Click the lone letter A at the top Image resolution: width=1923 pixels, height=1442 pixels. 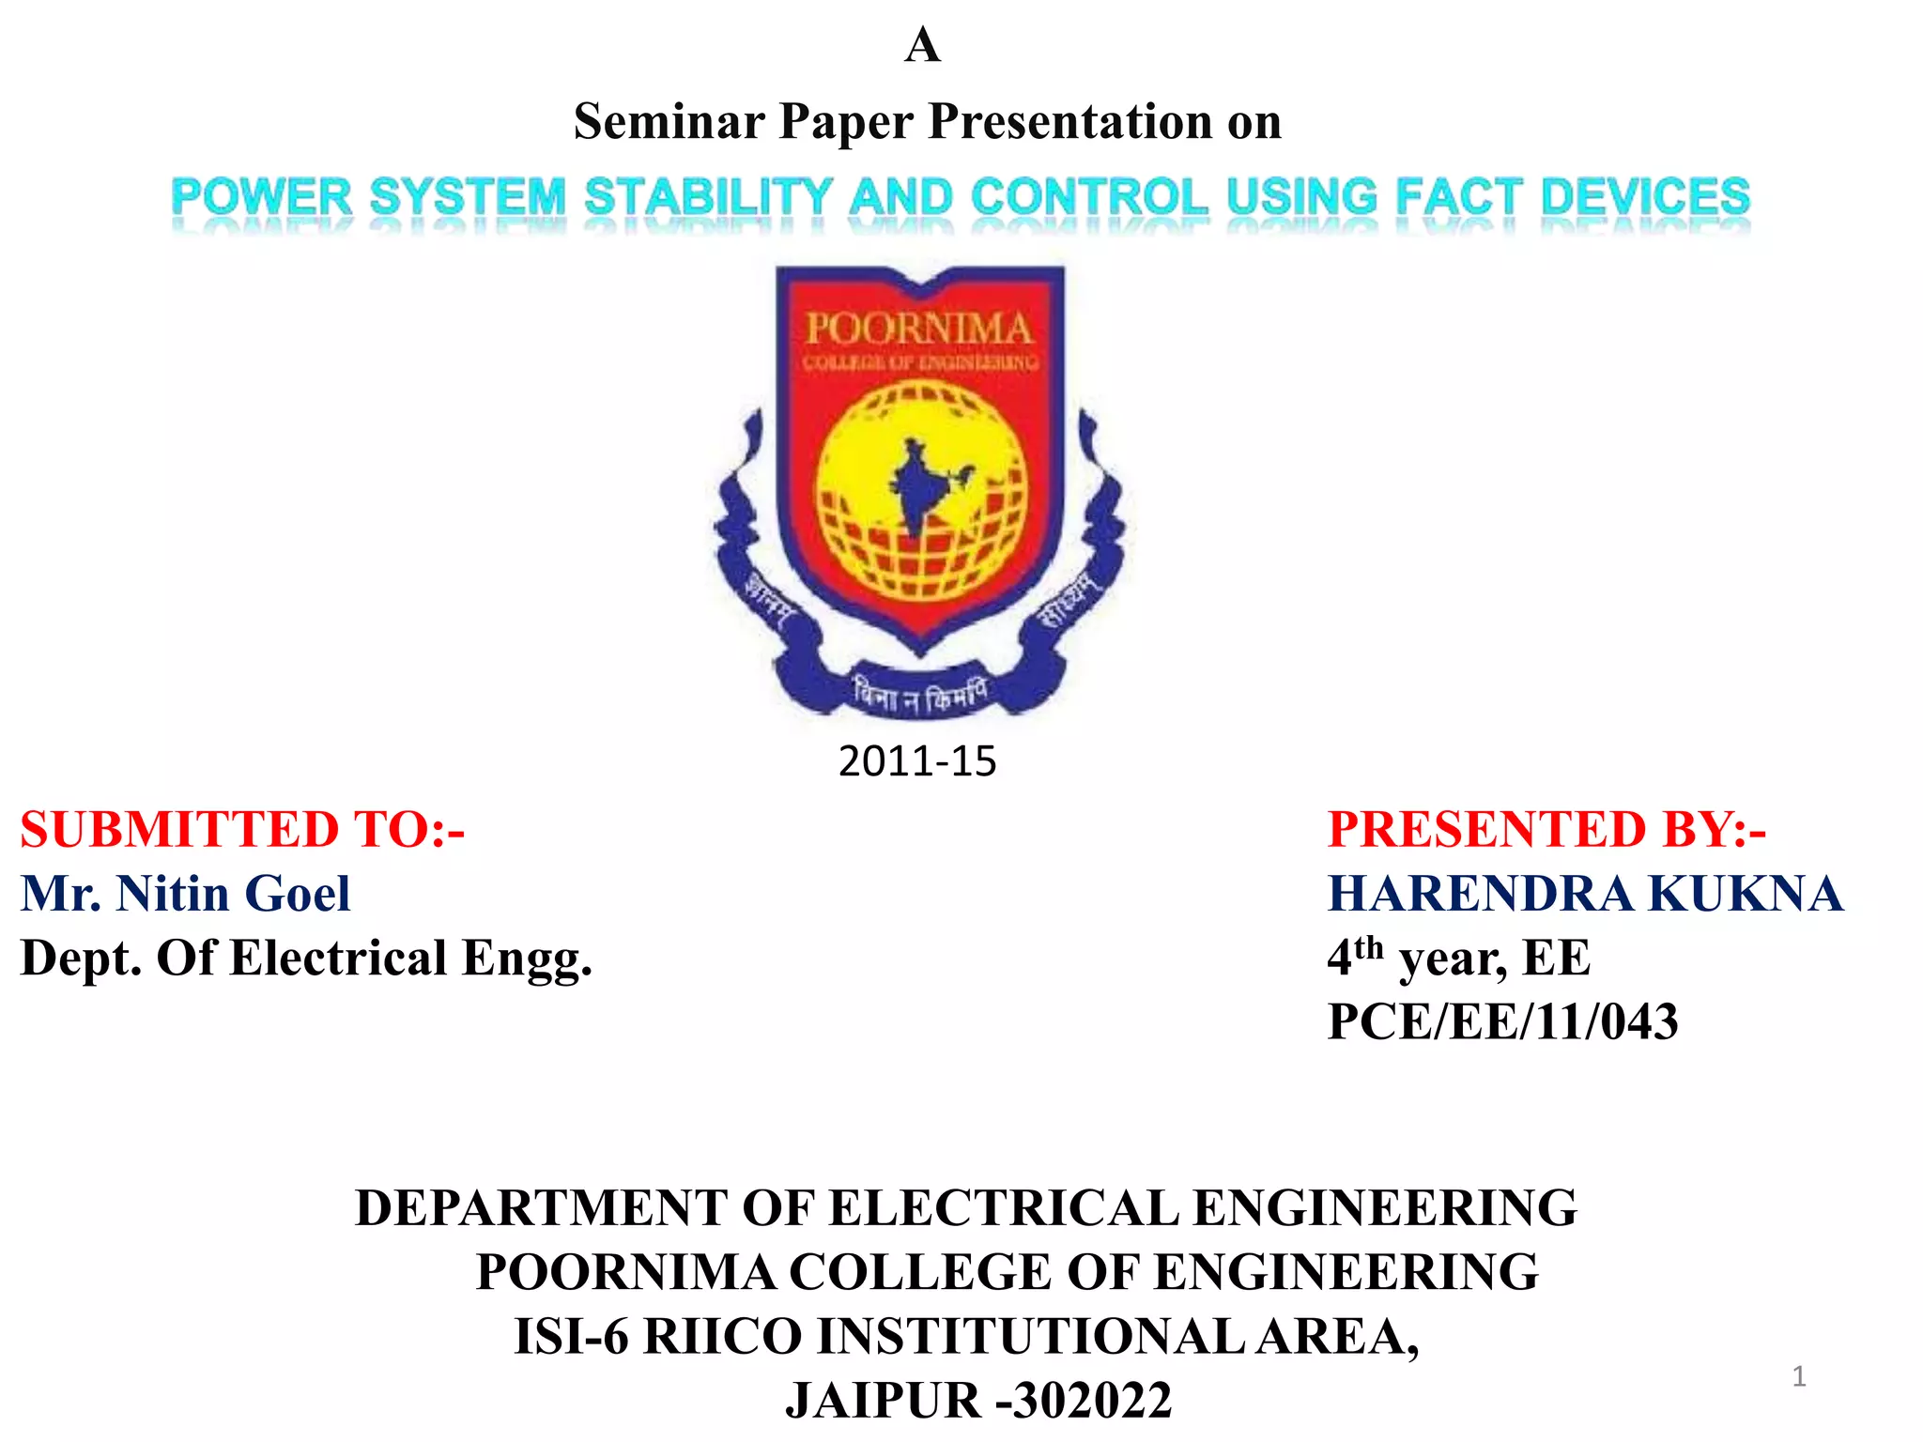[922, 45]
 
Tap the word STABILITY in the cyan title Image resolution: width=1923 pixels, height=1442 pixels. [708, 198]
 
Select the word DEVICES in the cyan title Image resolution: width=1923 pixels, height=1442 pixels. [1645, 198]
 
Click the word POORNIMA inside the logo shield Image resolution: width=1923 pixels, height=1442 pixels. [919, 329]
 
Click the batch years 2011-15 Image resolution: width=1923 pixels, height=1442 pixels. [917, 760]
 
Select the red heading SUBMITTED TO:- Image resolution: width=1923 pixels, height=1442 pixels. [243, 830]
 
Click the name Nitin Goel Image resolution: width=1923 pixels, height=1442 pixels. [233, 893]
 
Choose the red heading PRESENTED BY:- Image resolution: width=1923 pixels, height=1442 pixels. [1546, 830]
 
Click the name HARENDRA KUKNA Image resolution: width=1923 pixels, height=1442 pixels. [1585, 893]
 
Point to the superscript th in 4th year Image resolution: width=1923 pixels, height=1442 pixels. [1369, 946]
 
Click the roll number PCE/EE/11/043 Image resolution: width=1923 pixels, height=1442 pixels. [1502, 1021]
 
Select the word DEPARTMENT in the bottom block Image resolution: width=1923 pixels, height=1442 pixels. [541, 1207]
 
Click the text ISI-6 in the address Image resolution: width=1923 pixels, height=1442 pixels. [571, 1336]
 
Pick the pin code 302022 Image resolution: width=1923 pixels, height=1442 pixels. [1092, 1401]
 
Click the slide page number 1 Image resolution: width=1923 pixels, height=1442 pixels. [1799, 1376]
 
